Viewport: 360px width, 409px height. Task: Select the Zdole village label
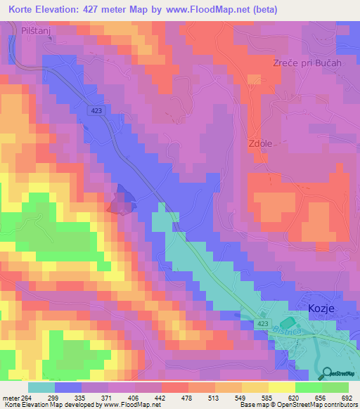260,143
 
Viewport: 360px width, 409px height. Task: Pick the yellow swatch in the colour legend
282,387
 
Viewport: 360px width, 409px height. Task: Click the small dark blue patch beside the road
120,200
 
